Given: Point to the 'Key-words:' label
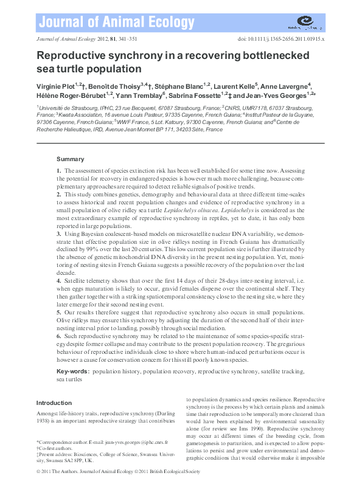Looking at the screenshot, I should coord(72,370).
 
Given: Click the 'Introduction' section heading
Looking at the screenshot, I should coord(54,403).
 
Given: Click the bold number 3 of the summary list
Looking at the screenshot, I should coord(58,233).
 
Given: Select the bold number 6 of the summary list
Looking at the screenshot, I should coord(58,335).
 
